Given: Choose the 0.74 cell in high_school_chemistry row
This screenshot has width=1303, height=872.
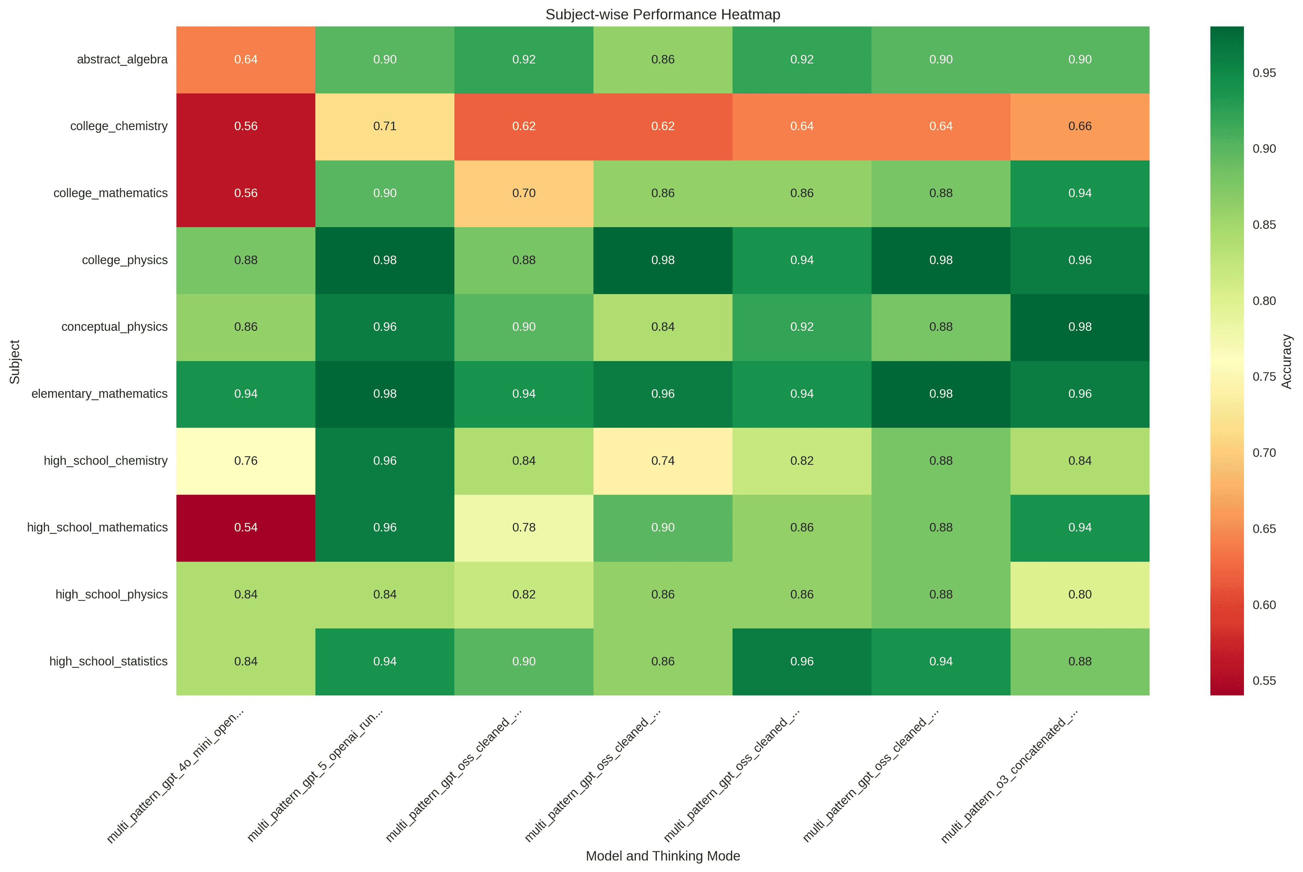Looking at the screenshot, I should [663, 461].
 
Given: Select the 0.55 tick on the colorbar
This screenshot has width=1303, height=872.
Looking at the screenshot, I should [1264, 681].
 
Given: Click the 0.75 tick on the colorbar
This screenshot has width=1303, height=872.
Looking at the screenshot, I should [1264, 376].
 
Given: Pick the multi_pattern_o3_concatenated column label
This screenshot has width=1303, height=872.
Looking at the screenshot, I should [1010, 776].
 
